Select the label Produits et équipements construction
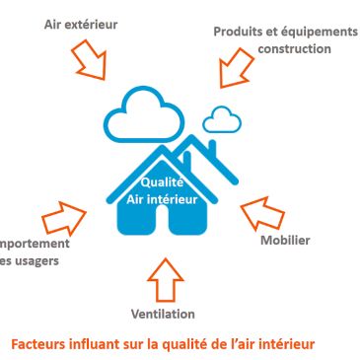[x=274, y=38]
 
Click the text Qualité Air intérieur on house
[x=164, y=188]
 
